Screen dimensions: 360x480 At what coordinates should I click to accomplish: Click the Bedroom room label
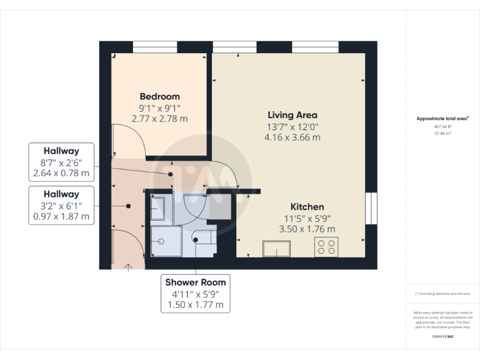[x=159, y=97]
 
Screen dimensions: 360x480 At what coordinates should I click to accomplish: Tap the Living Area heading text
[x=292, y=115]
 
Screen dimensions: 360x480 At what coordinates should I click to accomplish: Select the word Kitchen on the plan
[x=307, y=207]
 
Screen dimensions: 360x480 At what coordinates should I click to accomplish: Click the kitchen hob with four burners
[x=325, y=247]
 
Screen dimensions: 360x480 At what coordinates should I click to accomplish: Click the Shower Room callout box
[x=195, y=293]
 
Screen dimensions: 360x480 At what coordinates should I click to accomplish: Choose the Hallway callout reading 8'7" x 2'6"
[x=61, y=162]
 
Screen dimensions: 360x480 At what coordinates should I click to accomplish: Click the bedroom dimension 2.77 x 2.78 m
[x=159, y=118]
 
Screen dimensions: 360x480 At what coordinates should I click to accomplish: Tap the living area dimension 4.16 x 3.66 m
[x=292, y=137]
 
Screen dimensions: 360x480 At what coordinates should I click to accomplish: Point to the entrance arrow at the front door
[x=128, y=267]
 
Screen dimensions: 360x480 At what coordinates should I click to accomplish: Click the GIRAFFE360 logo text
[x=442, y=337]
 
